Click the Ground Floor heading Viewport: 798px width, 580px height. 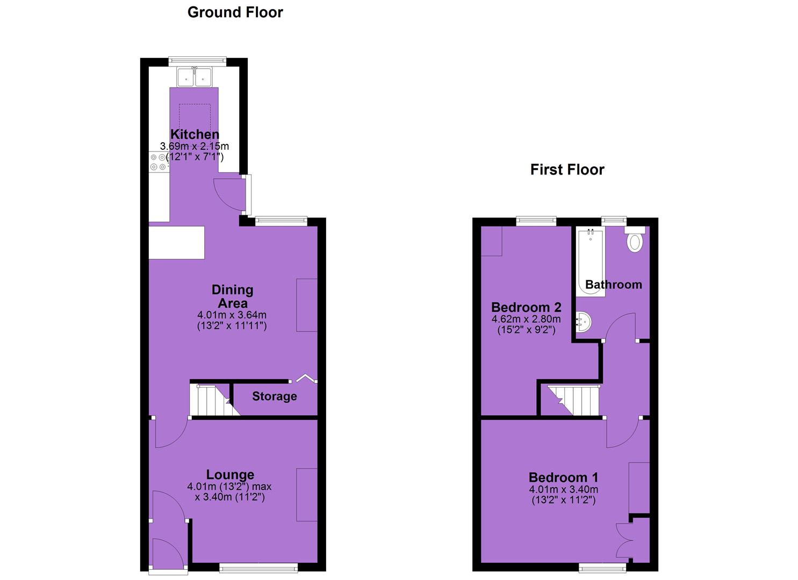tap(235, 12)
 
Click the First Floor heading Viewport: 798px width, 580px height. tap(567, 170)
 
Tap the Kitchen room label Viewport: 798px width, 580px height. tap(195, 134)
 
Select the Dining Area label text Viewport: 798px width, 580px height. tap(232, 296)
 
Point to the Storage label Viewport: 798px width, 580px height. tap(274, 396)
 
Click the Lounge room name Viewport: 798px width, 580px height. tap(230, 475)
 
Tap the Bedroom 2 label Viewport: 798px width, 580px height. tap(526, 307)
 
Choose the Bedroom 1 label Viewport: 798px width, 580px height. tap(564, 477)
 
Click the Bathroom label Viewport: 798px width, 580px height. tap(614, 285)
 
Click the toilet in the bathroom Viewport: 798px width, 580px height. tap(635, 240)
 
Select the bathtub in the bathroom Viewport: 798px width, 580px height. tap(591, 263)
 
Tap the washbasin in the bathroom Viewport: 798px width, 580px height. tap(584, 322)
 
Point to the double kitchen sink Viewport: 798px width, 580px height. tap(195, 77)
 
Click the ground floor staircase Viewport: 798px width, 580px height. tap(214, 400)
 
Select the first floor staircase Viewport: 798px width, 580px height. tap(574, 400)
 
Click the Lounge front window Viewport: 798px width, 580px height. tap(258, 568)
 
